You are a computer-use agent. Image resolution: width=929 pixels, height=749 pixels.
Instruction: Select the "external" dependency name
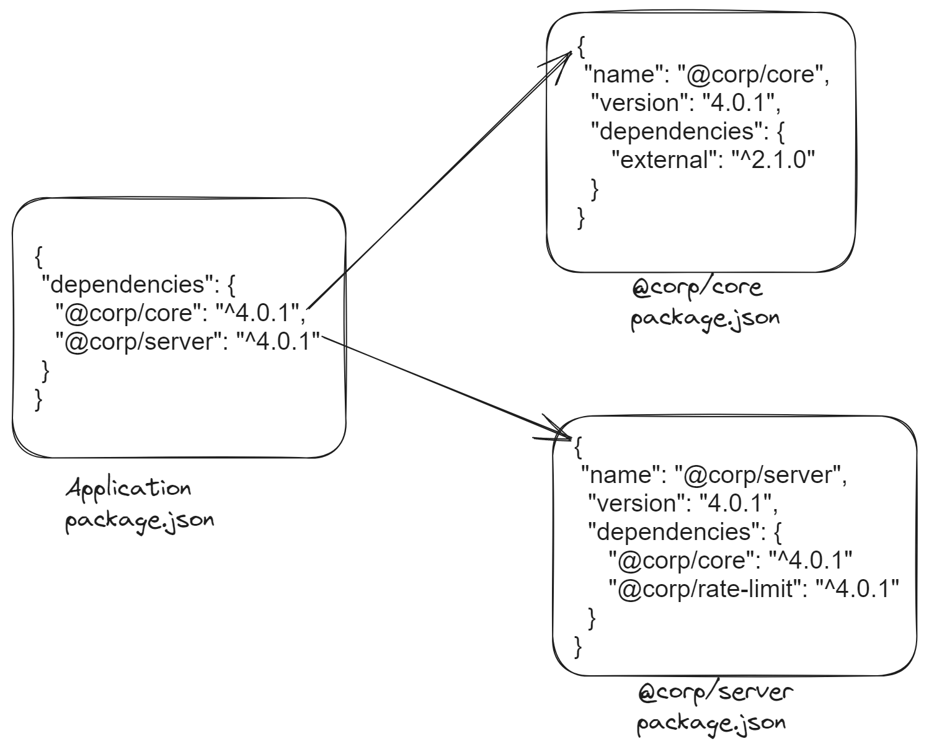(x=664, y=160)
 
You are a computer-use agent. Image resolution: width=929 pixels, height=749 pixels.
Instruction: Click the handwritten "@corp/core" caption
(x=696, y=289)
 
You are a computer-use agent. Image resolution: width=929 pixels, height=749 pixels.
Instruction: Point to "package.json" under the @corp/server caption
(x=711, y=724)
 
